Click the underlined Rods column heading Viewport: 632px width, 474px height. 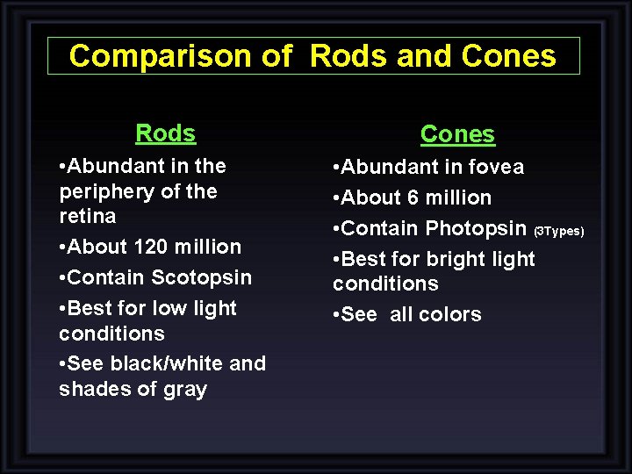click(x=165, y=133)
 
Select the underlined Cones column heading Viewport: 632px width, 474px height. click(x=457, y=134)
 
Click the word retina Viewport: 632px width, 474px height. click(x=87, y=216)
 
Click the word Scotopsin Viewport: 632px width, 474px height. click(x=202, y=277)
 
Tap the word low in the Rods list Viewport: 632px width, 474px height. click(x=170, y=308)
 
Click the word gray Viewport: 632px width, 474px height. click(x=184, y=390)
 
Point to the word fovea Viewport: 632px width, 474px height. click(x=496, y=167)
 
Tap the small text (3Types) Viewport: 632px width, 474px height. click(x=559, y=231)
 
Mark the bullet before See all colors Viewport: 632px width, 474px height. click(x=336, y=314)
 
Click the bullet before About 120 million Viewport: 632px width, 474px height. click(x=62, y=247)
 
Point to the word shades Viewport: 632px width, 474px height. click(x=90, y=390)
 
